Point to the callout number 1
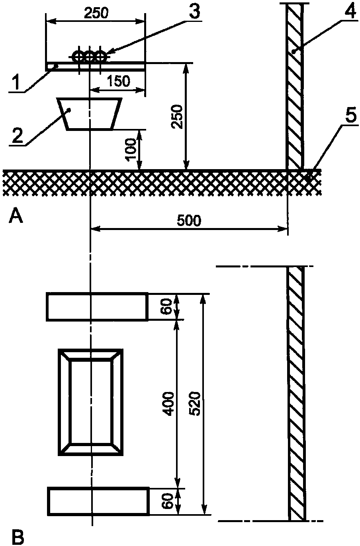click(x=16, y=82)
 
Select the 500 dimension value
click(x=189, y=220)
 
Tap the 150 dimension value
click(x=119, y=81)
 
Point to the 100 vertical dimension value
click(x=132, y=148)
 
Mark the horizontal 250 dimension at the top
click(x=96, y=13)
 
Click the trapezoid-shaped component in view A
click(x=90, y=114)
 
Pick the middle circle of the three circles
click(x=90, y=57)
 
